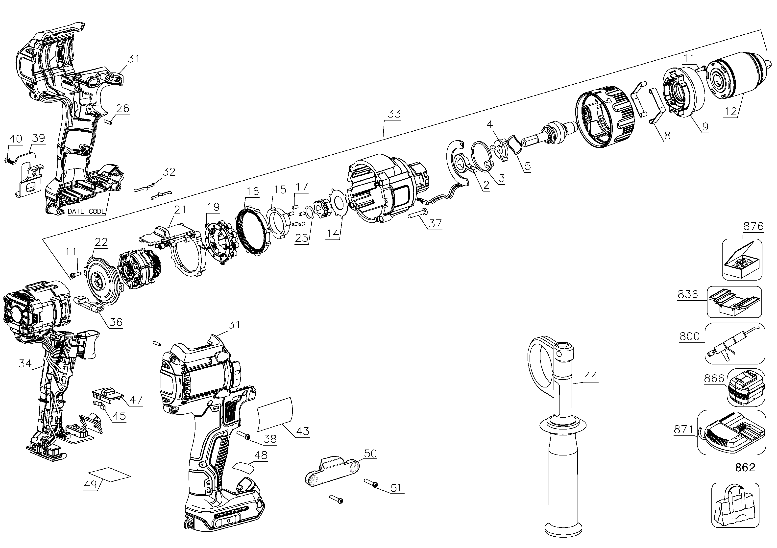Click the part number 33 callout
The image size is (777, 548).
(x=394, y=114)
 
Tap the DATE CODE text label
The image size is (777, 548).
(x=86, y=212)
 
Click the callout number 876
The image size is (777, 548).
(x=753, y=226)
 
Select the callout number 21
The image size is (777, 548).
(x=180, y=210)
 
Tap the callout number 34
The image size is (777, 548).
(x=25, y=364)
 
